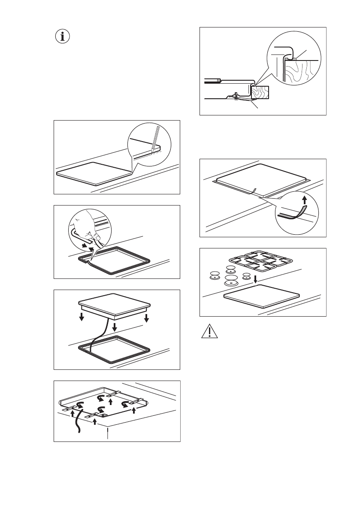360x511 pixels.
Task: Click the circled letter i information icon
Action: [63, 36]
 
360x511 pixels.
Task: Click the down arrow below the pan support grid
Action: [255, 279]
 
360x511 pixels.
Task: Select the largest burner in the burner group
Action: [231, 281]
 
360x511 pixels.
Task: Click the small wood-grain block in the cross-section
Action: [260, 92]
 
